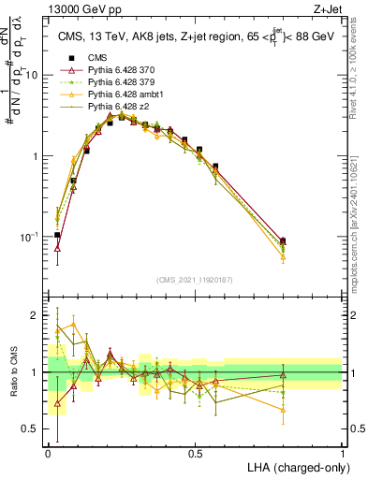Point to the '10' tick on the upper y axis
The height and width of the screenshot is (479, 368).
pyautogui.click(x=32, y=76)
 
